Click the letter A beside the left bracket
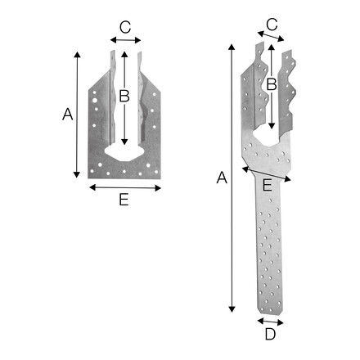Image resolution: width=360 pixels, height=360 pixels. (67, 115)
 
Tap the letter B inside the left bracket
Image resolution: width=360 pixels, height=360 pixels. (124, 96)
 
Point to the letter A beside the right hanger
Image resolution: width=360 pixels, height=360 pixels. (218, 176)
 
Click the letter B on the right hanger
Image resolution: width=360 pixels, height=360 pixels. (272, 83)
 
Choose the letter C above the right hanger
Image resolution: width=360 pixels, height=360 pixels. (272, 25)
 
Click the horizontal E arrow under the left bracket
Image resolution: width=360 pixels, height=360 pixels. (124, 187)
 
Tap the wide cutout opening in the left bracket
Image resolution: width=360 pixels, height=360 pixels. (123, 153)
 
